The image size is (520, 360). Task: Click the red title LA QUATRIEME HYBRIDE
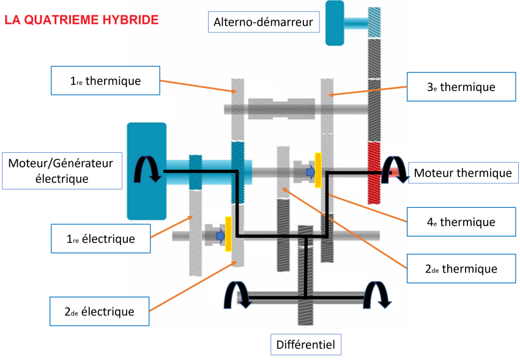(x=81, y=20)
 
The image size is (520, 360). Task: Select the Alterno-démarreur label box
(x=263, y=23)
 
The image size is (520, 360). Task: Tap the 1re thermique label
(x=105, y=81)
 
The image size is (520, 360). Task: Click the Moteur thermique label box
(x=462, y=173)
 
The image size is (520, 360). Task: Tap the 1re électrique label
(x=100, y=238)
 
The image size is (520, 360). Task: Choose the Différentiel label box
(x=305, y=344)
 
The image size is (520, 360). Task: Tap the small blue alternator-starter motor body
(x=335, y=23)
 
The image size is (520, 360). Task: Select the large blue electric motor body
(x=146, y=171)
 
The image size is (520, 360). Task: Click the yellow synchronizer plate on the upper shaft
(x=318, y=170)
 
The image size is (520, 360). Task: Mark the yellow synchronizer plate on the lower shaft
(x=228, y=234)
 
